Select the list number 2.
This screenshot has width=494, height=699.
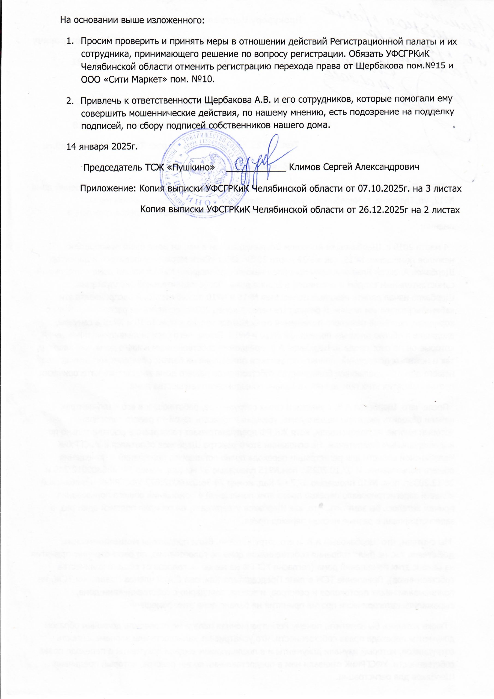click(70, 100)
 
